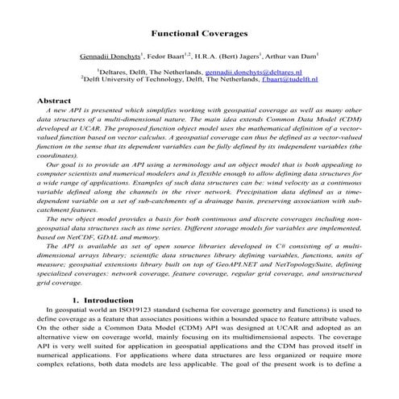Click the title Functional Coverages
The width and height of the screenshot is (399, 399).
tap(199, 35)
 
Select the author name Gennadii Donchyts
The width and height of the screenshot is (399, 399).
tap(111, 57)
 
